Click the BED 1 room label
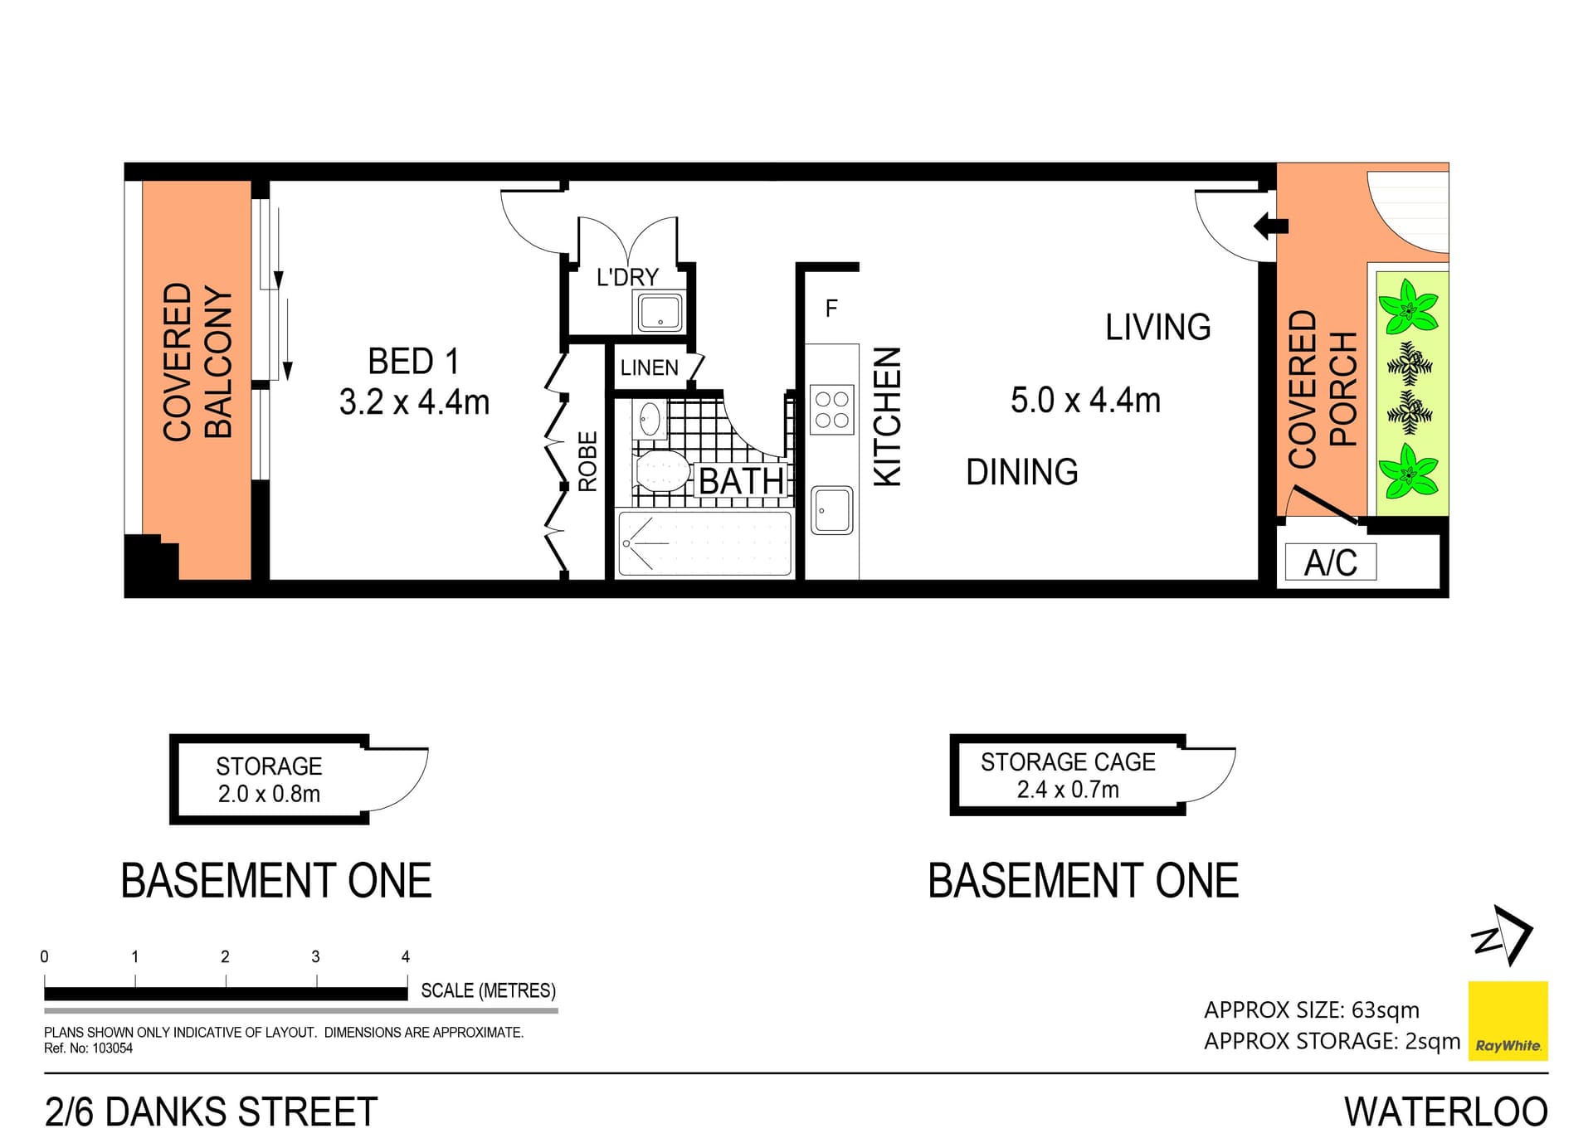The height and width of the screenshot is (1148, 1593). (x=413, y=362)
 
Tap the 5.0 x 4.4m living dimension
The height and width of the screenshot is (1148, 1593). (x=1085, y=401)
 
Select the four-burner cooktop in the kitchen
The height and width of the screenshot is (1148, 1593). (x=831, y=409)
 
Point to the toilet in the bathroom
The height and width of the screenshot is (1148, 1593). (x=660, y=472)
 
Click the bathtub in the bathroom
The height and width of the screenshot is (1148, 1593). (x=704, y=543)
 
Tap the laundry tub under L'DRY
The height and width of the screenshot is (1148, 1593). (x=660, y=313)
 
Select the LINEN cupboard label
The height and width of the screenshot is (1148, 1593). (x=649, y=367)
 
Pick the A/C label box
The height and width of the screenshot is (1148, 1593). (x=1330, y=562)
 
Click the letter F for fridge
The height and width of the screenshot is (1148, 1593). (x=831, y=309)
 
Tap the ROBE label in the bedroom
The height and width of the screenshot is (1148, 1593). (x=587, y=461)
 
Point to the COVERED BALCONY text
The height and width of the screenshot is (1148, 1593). (x=197, y=362)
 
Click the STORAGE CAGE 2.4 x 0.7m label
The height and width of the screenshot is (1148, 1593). (x=1068, y=776)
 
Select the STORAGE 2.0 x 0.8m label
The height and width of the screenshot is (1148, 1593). (x=269, y=780)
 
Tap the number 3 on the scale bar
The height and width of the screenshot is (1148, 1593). (x=315, y=956)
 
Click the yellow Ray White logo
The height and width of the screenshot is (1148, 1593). (x=1508, y=1020)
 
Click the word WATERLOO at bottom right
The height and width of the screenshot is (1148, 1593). (x=1445, y=1112)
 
